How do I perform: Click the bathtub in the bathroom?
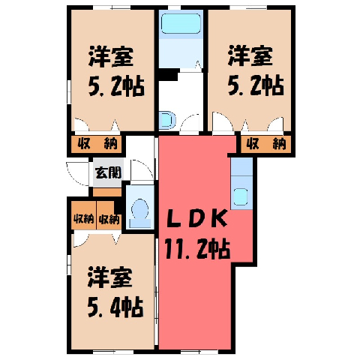click(x=181, y=24)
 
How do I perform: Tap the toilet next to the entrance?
click(x=140, y=213)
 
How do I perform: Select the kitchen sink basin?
click(x=241, y=196)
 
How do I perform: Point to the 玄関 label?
click(x=108, y=172)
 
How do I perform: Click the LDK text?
click(x=196, y=218)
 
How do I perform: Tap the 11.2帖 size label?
click(x=197, y=249)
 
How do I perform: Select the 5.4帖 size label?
click(x=115, y=307)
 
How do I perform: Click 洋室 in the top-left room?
click(x=111, y=56)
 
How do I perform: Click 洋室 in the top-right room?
click(x=250, y=56)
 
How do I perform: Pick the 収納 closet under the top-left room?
click(x=97, y=144)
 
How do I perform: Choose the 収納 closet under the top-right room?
click(x=266, y=144)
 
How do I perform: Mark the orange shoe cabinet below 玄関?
click(x=107, y=192)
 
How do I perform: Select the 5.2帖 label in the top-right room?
click(x=256, y=85)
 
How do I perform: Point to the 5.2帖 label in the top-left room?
click(x=116, y=85)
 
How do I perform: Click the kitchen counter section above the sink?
click(x=241, y=166)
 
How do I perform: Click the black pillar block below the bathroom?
click(x=168, y=74)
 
